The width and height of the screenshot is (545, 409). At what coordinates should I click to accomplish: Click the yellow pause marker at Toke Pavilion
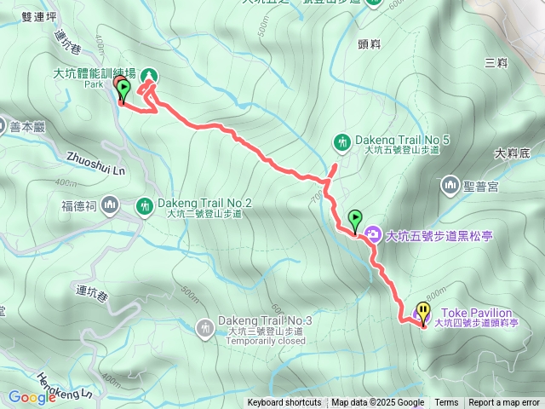(423, 312)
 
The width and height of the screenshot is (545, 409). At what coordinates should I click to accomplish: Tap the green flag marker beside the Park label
(123, 88)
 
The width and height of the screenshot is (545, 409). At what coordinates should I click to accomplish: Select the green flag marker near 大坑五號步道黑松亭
(354, 219)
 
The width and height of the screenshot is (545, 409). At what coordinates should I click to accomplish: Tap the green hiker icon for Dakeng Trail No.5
(342, 141)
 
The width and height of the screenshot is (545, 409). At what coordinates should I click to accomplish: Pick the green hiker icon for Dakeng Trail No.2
(145, 205)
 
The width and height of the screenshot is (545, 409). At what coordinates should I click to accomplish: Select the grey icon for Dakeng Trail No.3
(205, 326)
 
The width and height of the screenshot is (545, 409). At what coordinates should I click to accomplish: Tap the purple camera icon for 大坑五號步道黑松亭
(373, 234)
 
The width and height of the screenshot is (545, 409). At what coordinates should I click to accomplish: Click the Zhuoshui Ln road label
(95, 163)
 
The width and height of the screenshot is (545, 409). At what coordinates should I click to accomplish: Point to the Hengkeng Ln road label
(65, 385)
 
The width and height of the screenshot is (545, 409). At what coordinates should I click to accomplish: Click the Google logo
(32, 396)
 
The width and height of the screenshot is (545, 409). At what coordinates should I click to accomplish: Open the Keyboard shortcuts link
(284, 403)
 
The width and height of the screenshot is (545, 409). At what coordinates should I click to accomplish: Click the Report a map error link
(504, 403)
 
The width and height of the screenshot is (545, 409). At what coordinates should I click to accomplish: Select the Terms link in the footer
(446, 403)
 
